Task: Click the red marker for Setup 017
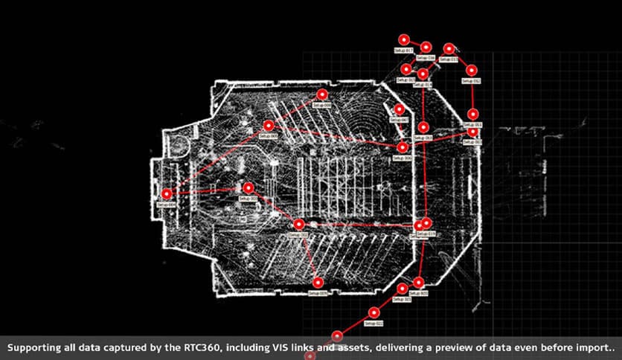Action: [403, 39]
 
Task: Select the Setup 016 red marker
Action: [426, 47]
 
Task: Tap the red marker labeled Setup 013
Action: [449, 49]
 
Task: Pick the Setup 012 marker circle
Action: [470, 70]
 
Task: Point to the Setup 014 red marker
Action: [423, 74]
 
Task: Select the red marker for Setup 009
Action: [322, 94]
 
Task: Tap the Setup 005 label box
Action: [268, 136]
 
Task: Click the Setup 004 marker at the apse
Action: [167, 194]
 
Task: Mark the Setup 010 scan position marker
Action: [299, 224]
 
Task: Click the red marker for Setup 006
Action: [403, 147]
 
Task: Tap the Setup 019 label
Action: [426, 234]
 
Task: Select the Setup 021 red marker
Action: [373, 313]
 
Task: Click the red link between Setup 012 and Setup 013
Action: [461, 60]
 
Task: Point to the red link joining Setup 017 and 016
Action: [414, 43]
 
